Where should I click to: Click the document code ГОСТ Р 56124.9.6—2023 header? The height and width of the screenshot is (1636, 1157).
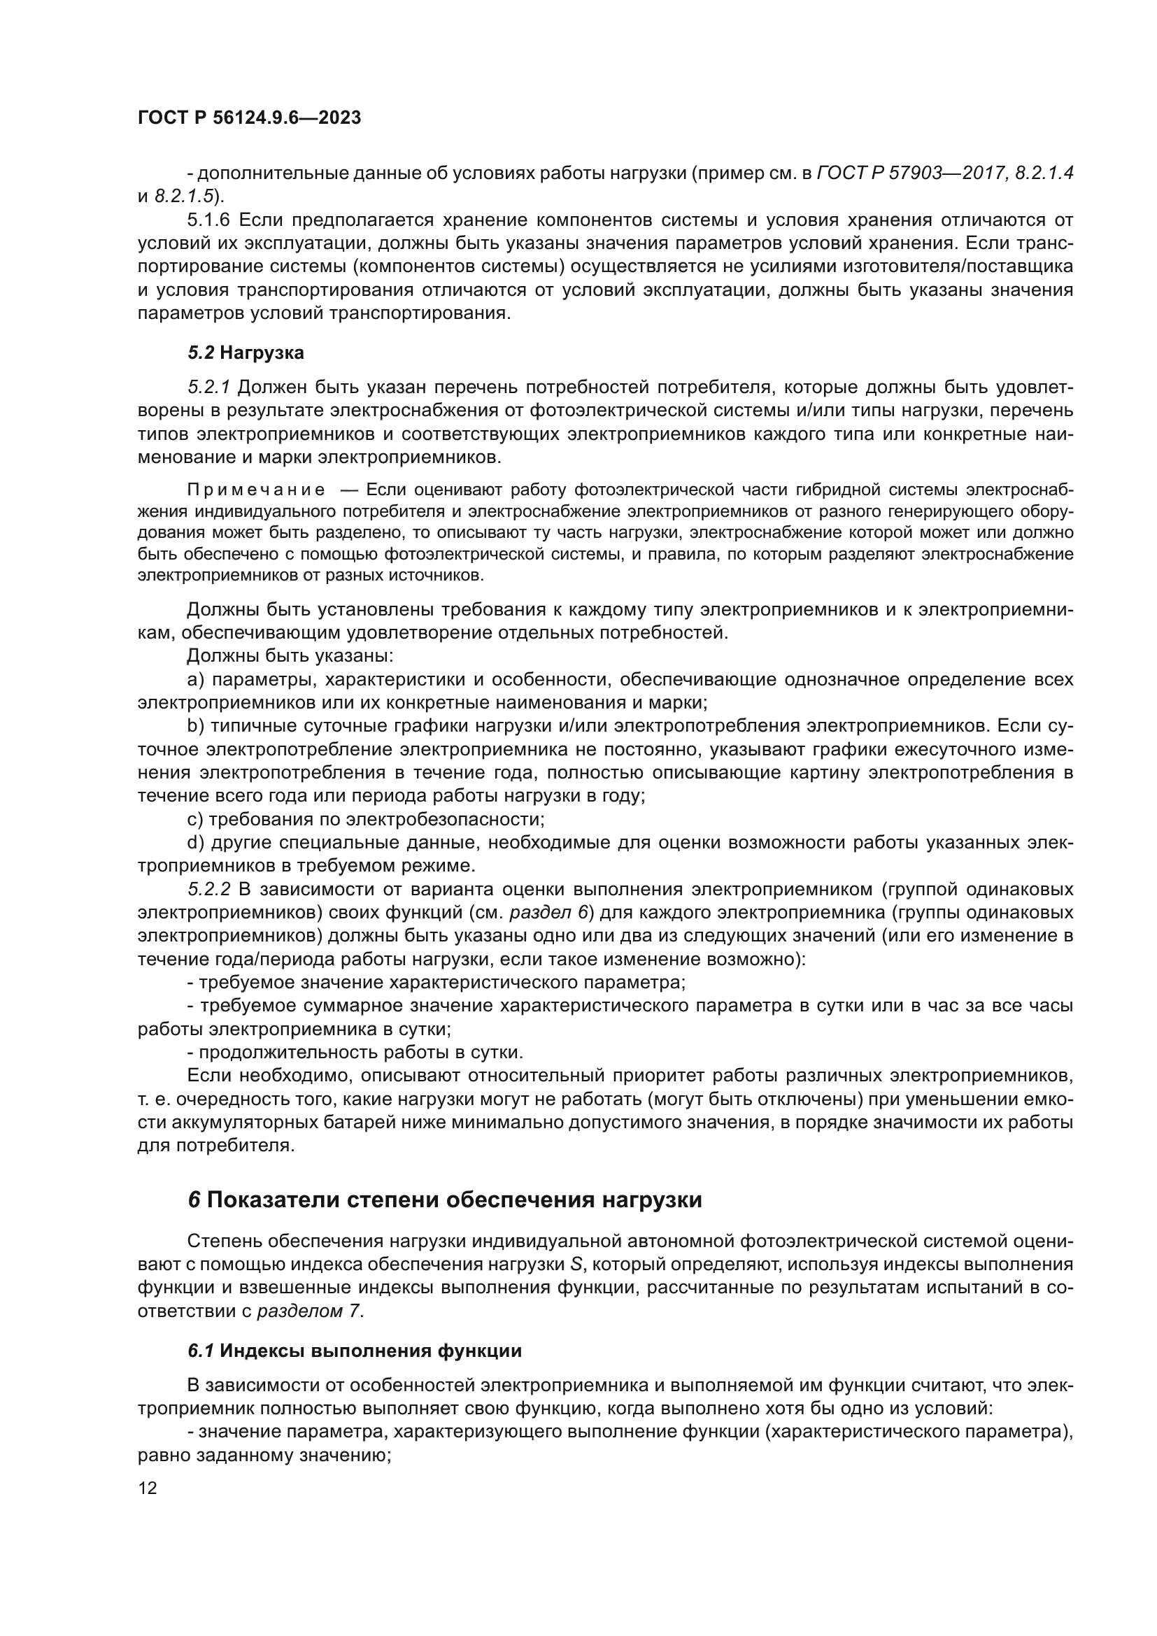click(249, 118)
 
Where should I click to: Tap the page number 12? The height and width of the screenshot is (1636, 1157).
click(148, 1488)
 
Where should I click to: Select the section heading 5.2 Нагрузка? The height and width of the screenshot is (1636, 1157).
click(246, 353)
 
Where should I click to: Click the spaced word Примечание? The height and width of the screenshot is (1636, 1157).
click(256, 490)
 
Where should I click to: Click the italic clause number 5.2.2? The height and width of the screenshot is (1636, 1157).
click(209, 890)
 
